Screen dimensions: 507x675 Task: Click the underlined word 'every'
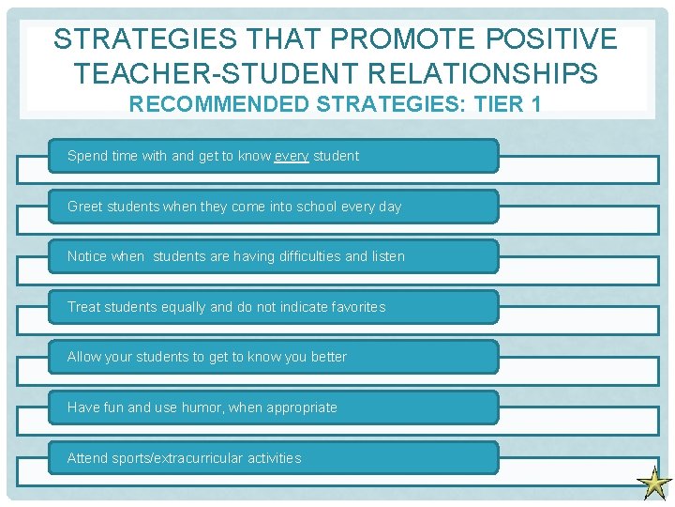point(292,156)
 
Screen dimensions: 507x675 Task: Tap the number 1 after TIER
point(535,103)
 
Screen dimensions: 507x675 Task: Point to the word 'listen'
point(389,256)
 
